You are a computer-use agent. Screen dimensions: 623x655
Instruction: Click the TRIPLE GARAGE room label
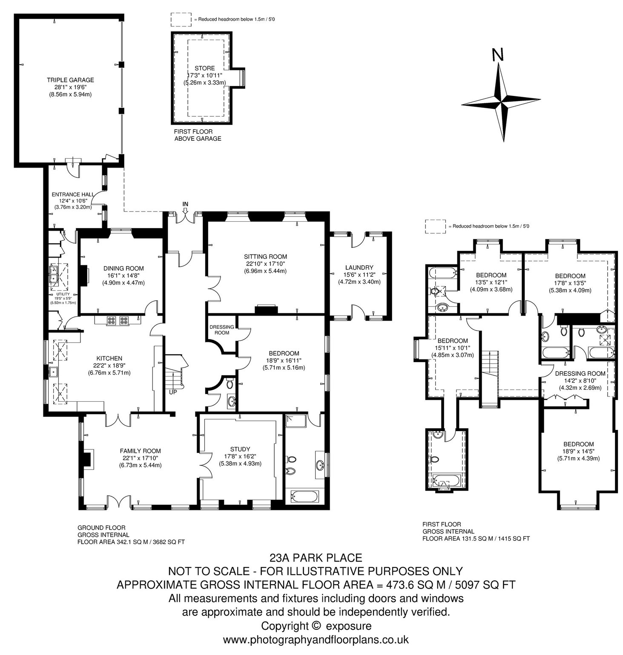click(70, 80)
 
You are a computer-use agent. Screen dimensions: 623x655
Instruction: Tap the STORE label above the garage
click(204, 68)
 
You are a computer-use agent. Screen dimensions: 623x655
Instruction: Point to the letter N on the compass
click(497, 55)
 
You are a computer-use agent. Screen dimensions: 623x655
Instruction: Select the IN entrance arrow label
click(185, 204)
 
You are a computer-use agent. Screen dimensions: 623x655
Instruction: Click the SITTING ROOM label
click(265, 257)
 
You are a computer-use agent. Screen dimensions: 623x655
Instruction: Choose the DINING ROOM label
click(123, 268)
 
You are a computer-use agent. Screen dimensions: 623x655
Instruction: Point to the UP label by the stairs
click(173, 392)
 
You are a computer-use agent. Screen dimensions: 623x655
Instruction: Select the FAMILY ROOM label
click(140, 451)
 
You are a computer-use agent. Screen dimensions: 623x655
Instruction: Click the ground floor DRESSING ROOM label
click(222, 330)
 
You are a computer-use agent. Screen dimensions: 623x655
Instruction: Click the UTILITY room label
click(63, 294)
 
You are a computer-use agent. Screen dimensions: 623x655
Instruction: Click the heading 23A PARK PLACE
click(316, 557)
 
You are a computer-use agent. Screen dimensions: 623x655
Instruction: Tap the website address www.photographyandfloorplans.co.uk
click(316, 640)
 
